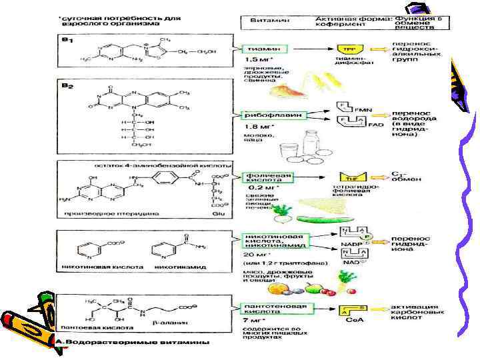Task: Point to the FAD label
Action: [x=377, y=125]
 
